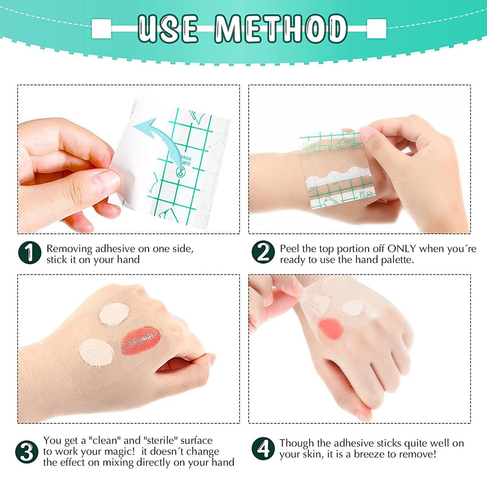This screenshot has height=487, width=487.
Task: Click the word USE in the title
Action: (x=168, y=29)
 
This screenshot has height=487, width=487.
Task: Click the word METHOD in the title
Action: (x=281, y=29)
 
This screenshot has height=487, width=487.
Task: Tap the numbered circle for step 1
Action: (x=30, y=253)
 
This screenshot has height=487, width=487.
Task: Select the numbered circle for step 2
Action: (x=263, y=253)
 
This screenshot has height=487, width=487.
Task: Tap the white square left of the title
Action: (x=101, y=29)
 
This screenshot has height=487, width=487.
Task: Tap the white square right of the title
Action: (x=377, y=29)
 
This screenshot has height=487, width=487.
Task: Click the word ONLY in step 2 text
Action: (x=401, y=249)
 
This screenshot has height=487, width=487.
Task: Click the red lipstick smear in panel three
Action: (x=141, y=341)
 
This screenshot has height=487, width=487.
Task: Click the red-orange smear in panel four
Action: (x=331, y=328)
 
